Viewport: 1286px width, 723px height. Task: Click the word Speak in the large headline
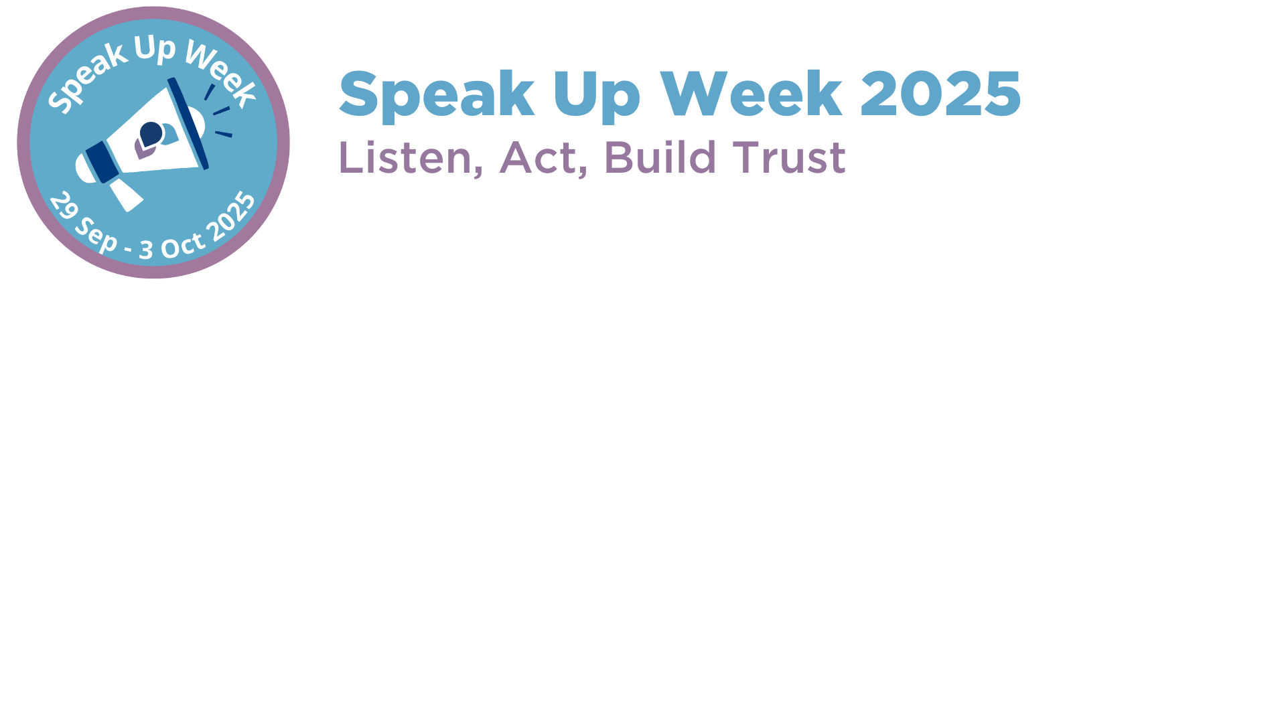coord(437,95)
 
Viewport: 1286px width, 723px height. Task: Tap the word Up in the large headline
coord(596,96)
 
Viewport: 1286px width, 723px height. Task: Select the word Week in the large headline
coord(751,94)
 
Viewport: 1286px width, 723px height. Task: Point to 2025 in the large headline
coord(940,94)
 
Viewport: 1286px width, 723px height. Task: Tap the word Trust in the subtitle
coord(789,158)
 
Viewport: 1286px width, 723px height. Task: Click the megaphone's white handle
coord(126,194)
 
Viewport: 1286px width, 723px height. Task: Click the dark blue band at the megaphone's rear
coord(102,162)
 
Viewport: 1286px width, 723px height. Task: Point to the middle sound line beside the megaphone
coord(222,110)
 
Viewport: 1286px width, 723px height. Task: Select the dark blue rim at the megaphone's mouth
coord(188,123)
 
